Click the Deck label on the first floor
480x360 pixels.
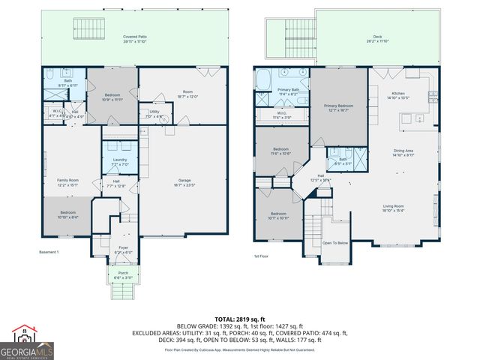coord(377,38)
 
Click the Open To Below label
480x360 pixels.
coord(334,243)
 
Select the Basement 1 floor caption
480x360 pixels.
coord(48,252)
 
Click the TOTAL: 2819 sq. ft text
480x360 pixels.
coord(240,319)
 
